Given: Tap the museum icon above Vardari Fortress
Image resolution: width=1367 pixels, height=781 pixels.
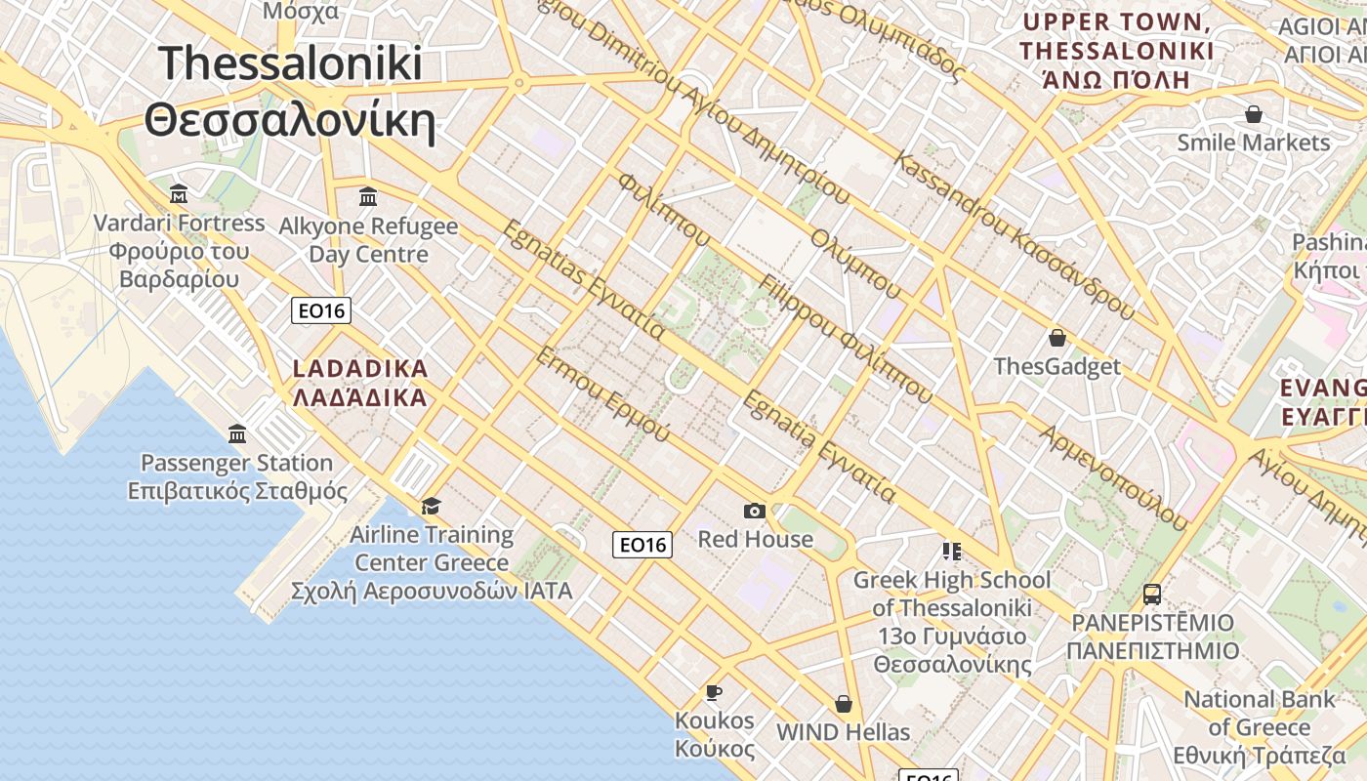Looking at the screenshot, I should [179, 192].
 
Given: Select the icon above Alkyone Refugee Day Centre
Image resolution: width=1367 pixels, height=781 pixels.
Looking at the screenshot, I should [368, 196].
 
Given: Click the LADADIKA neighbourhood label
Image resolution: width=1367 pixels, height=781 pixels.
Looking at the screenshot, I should [360, 369].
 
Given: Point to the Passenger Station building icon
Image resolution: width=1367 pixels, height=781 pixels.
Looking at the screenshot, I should [237, 432].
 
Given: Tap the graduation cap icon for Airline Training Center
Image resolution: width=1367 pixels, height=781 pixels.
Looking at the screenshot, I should [431, 506].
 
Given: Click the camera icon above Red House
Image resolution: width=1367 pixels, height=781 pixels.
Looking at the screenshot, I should [754, 511].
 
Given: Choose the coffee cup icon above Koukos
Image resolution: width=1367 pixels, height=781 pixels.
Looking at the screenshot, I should [714, 692].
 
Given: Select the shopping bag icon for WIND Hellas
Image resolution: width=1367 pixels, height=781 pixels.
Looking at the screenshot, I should [843, 704].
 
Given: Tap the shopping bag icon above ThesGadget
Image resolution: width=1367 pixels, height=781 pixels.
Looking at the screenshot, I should [1056, 339].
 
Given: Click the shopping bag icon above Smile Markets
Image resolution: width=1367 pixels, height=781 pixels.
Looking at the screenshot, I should [1254, 114].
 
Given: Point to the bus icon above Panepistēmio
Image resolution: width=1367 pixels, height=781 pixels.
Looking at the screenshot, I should [1152, 594].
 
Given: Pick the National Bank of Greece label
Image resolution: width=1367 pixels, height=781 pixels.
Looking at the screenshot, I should [1259, 714].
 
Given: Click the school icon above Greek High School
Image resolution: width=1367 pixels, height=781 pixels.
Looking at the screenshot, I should [951, 552].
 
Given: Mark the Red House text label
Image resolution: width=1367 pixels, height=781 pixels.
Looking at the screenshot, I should [755, 539].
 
